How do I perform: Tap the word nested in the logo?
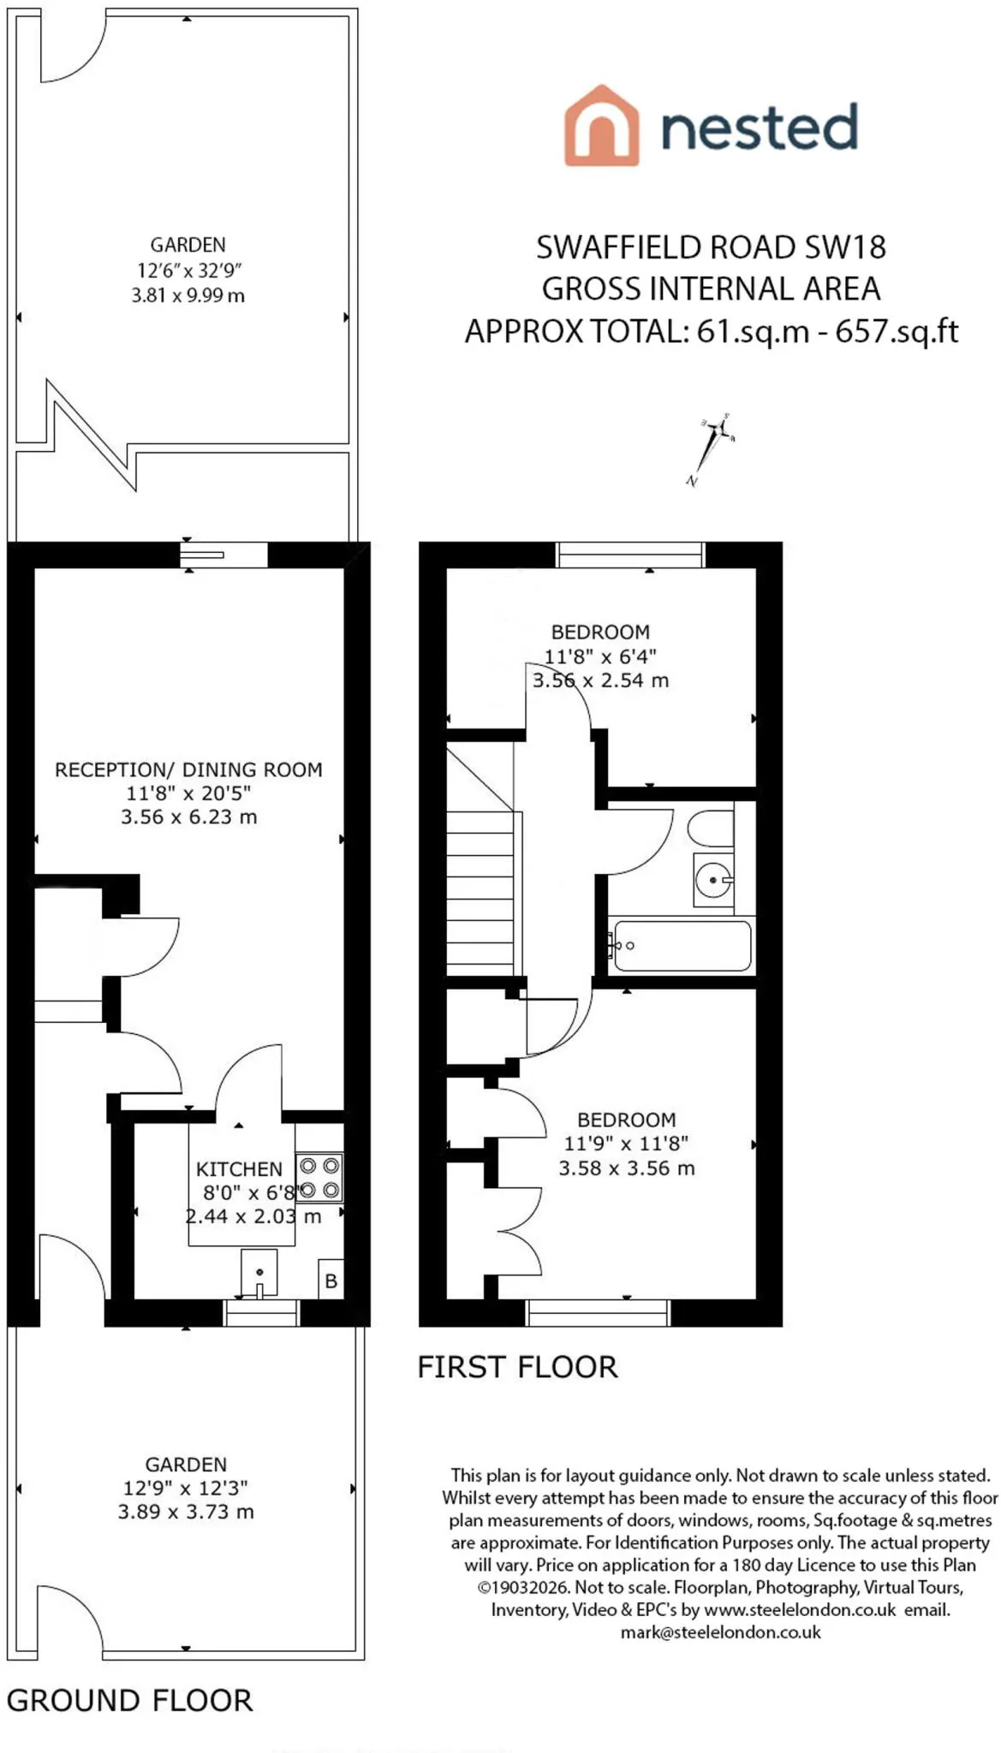point(760,127)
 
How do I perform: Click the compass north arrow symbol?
point(712,449)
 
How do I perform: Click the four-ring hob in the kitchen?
point(319,1178)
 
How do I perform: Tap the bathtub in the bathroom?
point(682,946)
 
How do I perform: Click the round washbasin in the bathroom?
point(713,879)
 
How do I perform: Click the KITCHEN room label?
point(239,1169)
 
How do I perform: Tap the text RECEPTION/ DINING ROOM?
point(188,770)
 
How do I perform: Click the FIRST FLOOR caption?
point(517,1367)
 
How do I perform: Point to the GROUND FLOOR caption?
point(130,1700)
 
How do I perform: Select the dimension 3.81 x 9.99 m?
point(188,296)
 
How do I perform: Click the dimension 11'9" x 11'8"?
point(626,1144)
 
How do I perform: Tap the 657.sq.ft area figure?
point(897,331)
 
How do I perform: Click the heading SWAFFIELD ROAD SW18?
point(711,247)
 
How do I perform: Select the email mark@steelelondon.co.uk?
point(720,1632)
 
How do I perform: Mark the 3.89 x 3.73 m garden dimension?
point(186,1512)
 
